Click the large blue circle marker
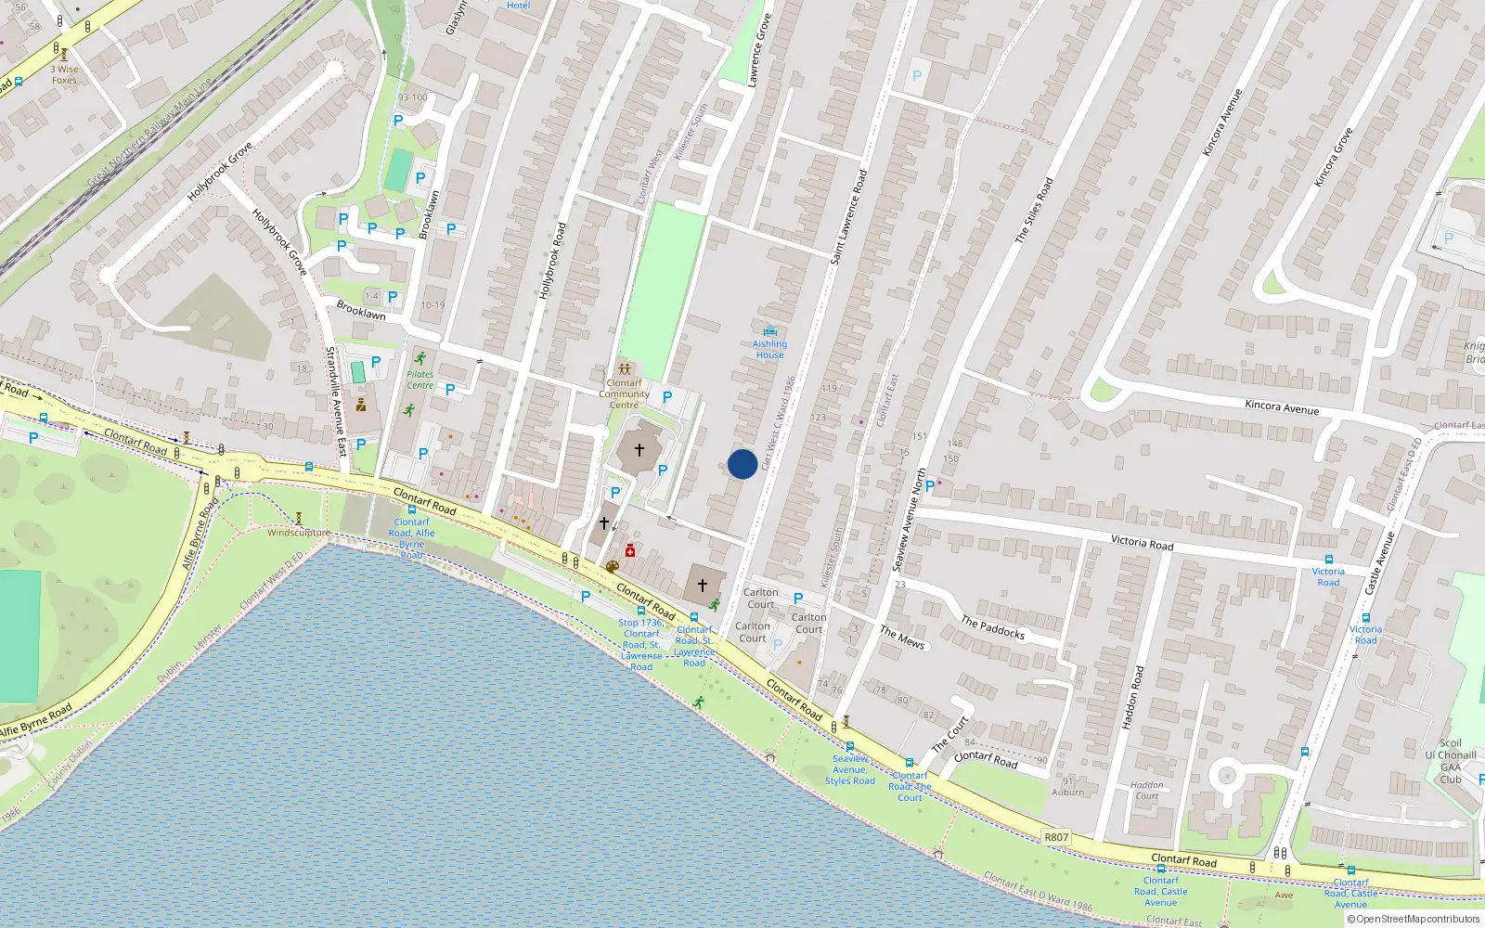coord(742,464)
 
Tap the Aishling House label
coord(769,349)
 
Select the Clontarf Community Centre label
coord(624,393)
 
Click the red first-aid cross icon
coord(630,550)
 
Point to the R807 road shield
coord(1056,837)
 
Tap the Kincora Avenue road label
coord(1282,406)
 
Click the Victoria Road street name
coord(1142,543)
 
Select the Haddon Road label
coord(1132,697)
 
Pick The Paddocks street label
coord(992,628)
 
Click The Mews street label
coord(902,638)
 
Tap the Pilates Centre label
coord(420,380)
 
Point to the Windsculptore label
coord(298,533)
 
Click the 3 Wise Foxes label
coord(64,74)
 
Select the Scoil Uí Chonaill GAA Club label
coord(1450,761)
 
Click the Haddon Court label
coord(1147,790)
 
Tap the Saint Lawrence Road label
coord(848,217)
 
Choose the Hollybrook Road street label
coord(551,261)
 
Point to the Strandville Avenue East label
coord(335,402)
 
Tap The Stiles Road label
coord(1034,211)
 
